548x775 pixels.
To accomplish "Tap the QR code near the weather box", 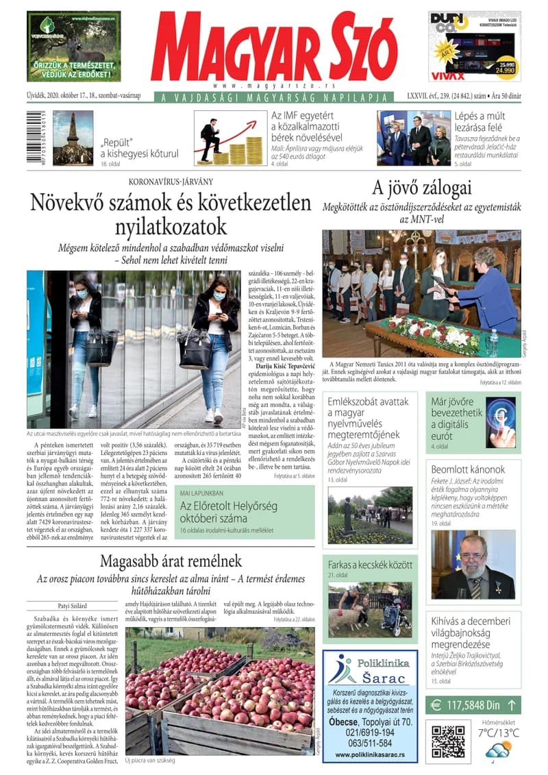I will pos(449,741).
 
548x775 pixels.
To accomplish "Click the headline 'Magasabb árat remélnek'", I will pos(171,561).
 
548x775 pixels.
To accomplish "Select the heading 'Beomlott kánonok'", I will pos(469,469).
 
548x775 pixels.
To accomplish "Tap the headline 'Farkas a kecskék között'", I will pos(371,565).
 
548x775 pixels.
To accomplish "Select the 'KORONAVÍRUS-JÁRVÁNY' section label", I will pos(171,181).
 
